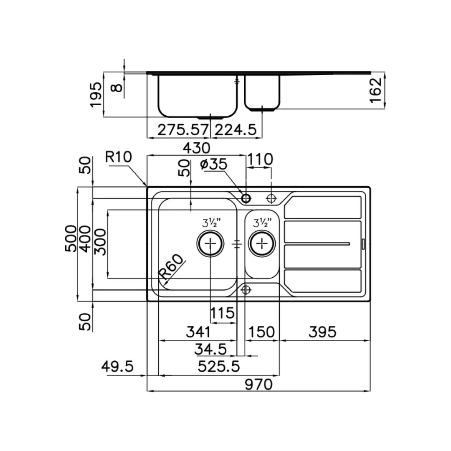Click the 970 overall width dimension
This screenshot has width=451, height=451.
coord(258,384)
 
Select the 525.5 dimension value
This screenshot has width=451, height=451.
coord(219,367)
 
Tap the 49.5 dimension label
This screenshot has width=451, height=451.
coord(117,367)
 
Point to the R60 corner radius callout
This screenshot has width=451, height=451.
coord(172,267)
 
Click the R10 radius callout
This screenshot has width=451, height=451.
coord(118,157)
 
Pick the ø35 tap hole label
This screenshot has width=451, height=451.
coord(214,164)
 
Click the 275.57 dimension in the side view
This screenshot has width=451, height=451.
coord(182,130)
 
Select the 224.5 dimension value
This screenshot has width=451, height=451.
coord(236,130)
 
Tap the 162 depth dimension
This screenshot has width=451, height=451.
coord(375,90)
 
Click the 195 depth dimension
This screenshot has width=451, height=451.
coord(96,95)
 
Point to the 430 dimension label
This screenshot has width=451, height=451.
coord(197,148)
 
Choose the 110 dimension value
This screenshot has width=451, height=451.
coord(260,160)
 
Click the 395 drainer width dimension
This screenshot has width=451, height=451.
coord(322,332)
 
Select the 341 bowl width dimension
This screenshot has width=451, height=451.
coord(198,332)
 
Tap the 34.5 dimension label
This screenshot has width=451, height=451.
coord(211,350)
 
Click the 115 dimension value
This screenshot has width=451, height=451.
coord(223,313)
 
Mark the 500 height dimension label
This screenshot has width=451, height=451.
coord(71,238)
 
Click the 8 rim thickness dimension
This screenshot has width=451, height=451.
coord(117,87)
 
